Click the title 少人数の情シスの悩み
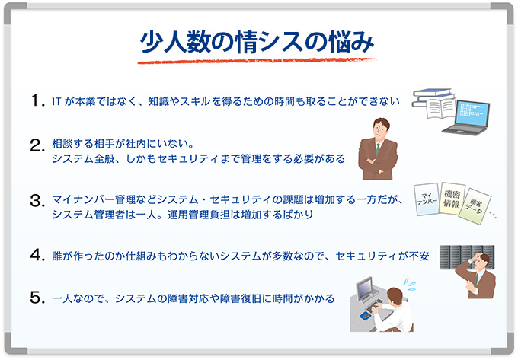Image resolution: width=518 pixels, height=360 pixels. [257, 42]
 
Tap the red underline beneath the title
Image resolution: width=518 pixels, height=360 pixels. [257, 61]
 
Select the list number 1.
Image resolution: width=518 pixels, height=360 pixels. [37, 100]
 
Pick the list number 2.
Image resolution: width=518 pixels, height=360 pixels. [37, 145]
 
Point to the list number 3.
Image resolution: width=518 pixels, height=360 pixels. [37, 201]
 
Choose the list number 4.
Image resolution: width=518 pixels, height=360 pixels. [37, 255]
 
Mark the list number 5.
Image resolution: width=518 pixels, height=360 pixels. [37, 298]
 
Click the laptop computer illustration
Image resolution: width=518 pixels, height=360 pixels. [466, 118]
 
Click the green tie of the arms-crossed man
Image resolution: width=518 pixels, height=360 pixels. [378, 149]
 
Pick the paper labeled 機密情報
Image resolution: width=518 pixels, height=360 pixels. [452, 199]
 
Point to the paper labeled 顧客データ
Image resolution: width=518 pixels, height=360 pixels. [475, 206]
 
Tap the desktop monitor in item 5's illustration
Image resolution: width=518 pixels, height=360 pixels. [365, 289]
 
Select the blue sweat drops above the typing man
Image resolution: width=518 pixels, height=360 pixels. [410, 285]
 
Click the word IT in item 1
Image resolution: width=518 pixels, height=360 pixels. [56, 102]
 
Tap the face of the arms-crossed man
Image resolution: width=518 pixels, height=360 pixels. [380, 129]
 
